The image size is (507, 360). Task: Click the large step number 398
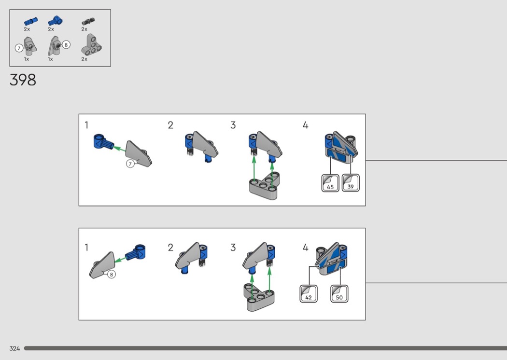tap(23, 80)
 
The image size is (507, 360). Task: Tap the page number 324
tap(14, 348)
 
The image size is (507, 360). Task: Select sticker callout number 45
tap(330, 184)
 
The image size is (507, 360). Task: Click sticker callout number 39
tap(351, 184)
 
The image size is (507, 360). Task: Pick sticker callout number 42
tap(309, 294)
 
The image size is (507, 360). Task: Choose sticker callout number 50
tap(339, 294)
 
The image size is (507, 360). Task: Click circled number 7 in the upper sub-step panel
tap(130, 164)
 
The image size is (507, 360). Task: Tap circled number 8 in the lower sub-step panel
tap(112, 274)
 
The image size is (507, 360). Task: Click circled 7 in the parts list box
tap(19, 48)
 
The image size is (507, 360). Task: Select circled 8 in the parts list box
tap(66, 45)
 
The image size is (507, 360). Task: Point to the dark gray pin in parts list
tap(88, 21)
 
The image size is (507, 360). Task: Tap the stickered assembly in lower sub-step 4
tap(331, 261)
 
